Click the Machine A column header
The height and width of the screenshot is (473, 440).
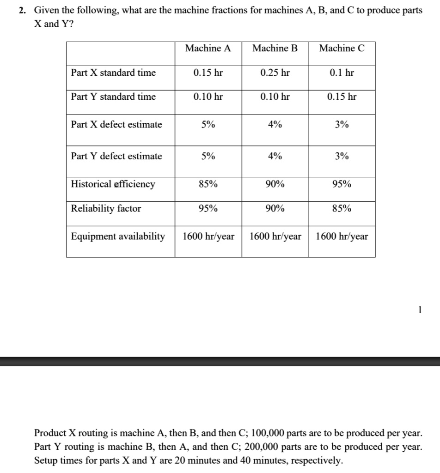coord(208,48)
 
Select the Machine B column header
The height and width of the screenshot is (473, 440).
coord(275,48)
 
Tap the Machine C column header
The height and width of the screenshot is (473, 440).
coord(342,48)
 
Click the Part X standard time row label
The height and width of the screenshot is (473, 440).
coord(113,73)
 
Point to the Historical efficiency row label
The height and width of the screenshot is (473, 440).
coord(113,184)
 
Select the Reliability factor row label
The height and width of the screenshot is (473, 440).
coord(106,208)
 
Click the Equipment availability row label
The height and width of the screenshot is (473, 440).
coord(118,236)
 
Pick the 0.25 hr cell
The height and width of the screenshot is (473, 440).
coord(275,73)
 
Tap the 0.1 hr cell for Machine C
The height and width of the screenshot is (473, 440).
coord(342,73)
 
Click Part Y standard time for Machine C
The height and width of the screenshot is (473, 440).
coord(342,97)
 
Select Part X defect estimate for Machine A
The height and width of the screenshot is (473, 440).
coord(208,125)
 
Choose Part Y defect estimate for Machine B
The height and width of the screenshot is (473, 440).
coord(275,156)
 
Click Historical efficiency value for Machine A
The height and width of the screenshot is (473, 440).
coord(208,184)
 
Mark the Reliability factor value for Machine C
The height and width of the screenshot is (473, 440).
coord(342,208)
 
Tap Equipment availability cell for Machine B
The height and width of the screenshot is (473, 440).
coord(275,236)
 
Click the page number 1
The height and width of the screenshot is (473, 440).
coord(419,310)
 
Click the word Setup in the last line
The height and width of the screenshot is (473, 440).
coord(46,461)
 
